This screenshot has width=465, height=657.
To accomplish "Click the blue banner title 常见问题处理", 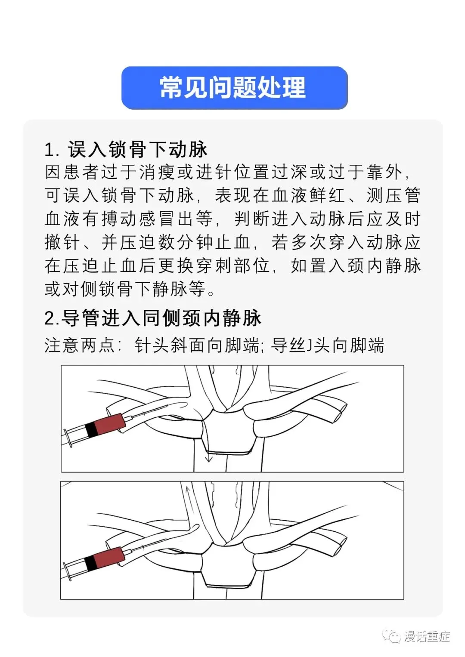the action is coord(233,87).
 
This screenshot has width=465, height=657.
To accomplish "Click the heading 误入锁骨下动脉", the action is coord(138,149).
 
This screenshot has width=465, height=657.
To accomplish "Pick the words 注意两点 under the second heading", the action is coord(79,345).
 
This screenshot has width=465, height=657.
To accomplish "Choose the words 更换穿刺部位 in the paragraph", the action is coord(214,266).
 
